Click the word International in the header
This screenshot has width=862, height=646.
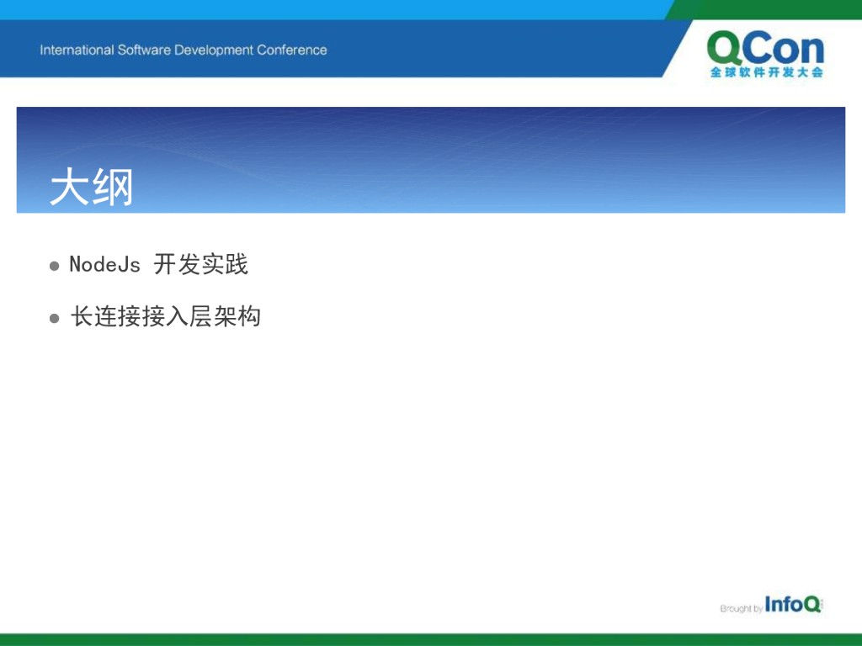click(77, 50)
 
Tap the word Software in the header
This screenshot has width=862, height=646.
click(144, 50)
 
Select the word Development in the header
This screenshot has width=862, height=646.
click(214, 50)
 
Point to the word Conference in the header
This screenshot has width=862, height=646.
click(292, 50)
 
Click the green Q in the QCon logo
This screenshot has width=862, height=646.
click(725, 48)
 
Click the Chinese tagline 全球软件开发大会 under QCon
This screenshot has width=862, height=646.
click(766, 72)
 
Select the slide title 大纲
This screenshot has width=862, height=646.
click(91, 188)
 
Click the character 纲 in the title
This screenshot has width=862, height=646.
click(113, 188)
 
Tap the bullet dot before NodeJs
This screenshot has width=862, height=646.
click(55, 267)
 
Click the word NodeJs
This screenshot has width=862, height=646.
click(104, 264)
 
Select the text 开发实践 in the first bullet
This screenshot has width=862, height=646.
click(200, 264)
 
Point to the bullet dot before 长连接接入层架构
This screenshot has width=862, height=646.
click(55, 319)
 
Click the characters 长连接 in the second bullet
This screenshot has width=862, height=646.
click(105, 316)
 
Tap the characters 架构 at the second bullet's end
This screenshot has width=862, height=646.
click(237, 316)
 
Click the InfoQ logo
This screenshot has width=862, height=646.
click(793, 604)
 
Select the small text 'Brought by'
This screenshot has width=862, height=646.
click(741, 608)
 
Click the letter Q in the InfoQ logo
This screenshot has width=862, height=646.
click(812, 604)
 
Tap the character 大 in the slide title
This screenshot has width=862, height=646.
click(70, 188)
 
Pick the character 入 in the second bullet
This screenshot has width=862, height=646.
click(178, 316)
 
